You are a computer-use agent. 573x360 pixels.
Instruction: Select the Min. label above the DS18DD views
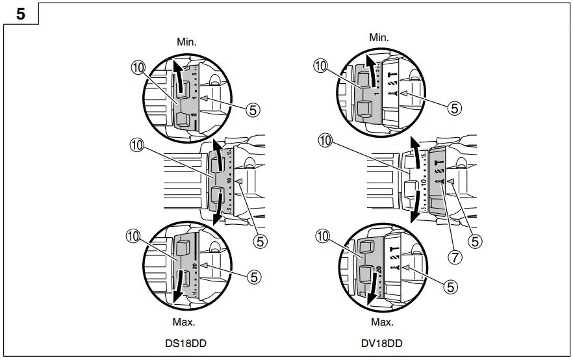186,42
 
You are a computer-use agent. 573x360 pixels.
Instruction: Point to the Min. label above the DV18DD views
379,38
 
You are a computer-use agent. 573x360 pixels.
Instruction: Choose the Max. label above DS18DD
185,322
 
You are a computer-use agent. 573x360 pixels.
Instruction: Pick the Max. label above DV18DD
381,322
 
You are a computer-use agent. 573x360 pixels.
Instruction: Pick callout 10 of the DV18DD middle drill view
325,140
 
